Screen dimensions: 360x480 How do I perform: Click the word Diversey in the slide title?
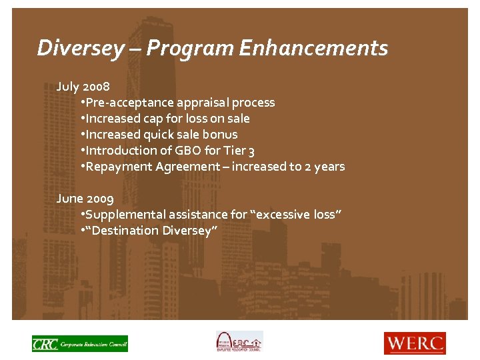[x=80, y=48]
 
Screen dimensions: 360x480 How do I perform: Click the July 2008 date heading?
[x=83, y=87]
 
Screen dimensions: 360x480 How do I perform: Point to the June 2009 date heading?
[x=85, y=199]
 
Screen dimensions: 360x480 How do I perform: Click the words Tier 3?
[x=239, y=151]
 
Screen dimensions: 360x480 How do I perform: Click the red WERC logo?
[x=414, y=343]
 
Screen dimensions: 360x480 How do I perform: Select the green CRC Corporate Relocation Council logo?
[x=80, y=343]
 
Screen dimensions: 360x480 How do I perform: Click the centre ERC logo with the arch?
[x=239, y=341]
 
